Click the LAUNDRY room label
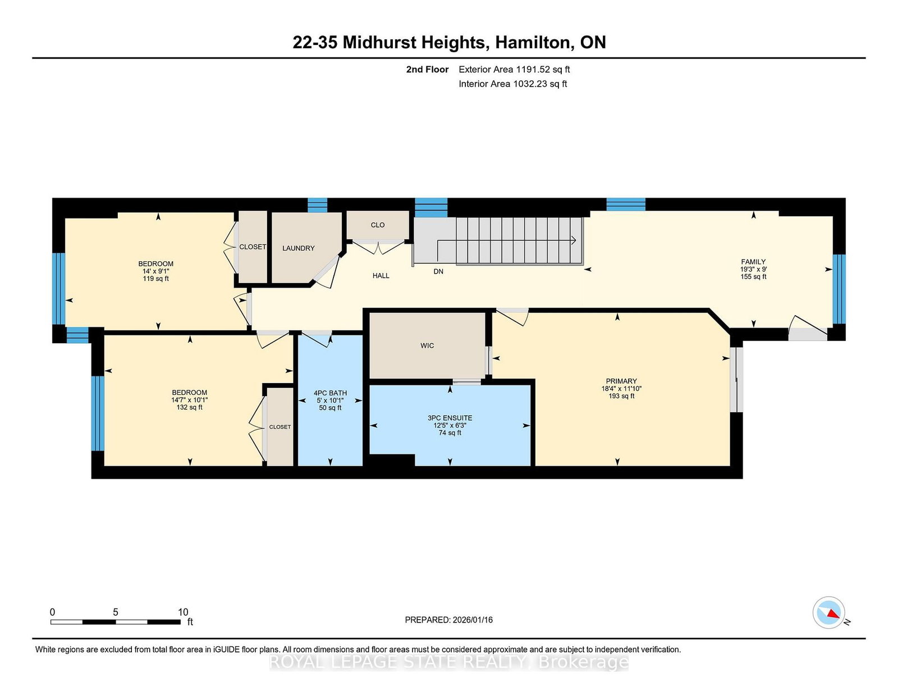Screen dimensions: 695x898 [298, 248]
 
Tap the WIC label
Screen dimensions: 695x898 [427, 346]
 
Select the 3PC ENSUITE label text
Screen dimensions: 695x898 [450, 418]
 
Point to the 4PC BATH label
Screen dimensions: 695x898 [330, 393]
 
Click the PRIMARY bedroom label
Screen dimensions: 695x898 [621, 381]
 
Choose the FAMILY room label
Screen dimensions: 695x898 [753, 262]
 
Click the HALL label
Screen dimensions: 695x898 [381, 276]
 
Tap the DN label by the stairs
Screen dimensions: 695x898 [438, 271]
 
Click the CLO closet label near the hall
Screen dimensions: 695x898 [378, 225]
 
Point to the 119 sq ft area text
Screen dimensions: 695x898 [155, 279]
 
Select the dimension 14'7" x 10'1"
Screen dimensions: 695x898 [189, 400]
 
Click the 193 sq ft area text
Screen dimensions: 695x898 [621, 396]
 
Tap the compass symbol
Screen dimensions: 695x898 [828, 612]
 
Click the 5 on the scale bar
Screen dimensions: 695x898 [116, 612]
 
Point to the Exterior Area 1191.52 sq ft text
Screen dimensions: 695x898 [514, 70]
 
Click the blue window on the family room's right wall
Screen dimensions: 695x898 [839, 289]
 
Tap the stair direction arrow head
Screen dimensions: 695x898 [574, 240]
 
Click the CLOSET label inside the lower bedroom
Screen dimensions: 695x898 [280, 427]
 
